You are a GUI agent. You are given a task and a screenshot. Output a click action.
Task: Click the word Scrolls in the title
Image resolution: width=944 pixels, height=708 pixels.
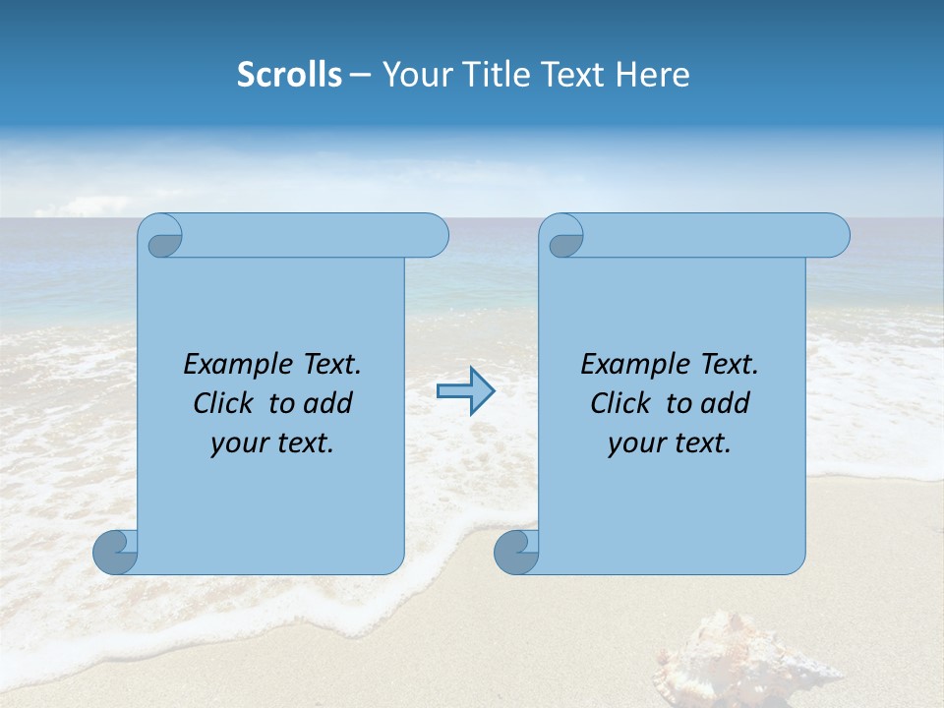289,75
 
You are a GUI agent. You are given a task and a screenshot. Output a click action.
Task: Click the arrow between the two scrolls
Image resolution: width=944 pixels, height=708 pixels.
466,391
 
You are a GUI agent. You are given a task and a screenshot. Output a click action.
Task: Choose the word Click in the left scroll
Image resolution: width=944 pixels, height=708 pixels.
223,403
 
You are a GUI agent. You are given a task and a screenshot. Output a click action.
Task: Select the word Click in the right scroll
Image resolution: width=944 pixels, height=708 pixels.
620,403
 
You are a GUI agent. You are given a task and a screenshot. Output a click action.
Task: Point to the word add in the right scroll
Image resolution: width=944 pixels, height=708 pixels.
725,403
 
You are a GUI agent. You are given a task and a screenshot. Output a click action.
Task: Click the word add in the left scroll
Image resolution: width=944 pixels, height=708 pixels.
327,403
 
